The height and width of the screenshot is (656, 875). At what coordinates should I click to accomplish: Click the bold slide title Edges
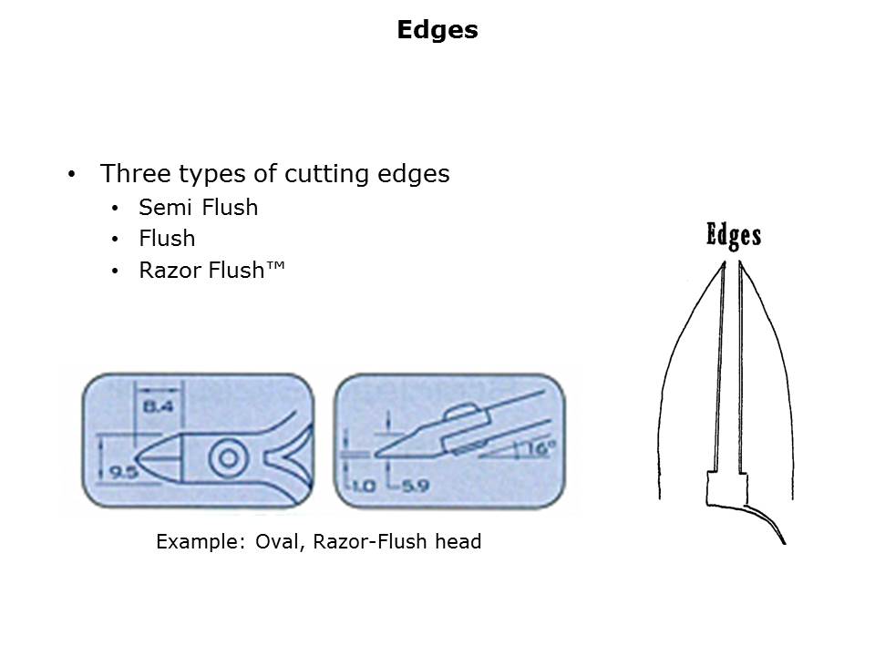coord(437,29)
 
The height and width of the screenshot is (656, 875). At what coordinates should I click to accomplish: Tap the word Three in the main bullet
coord(135,173)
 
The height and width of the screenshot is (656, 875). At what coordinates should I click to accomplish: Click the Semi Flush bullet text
coord(198,208)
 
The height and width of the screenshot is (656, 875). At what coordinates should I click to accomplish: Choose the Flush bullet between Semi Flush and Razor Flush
coord(167,239)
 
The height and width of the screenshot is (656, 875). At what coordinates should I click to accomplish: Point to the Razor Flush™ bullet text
coord(211,270)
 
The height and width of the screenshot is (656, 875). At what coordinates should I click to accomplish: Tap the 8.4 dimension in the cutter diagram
coord(159,406)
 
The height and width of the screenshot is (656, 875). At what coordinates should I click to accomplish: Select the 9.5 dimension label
coord(124,473)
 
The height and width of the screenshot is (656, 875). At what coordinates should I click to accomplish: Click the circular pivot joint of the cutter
coord(228,458)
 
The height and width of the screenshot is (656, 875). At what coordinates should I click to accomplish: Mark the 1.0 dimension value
coord(364,486)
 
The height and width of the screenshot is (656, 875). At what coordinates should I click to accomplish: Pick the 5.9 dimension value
coord(416,486)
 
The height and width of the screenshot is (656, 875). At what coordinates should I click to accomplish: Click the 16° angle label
coord(540,448)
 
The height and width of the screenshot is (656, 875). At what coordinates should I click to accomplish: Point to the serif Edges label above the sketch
coord(734,235)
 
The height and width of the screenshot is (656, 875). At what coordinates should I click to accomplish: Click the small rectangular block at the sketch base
coord(726,488)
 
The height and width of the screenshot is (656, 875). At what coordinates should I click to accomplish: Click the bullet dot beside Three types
coord(71,174)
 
